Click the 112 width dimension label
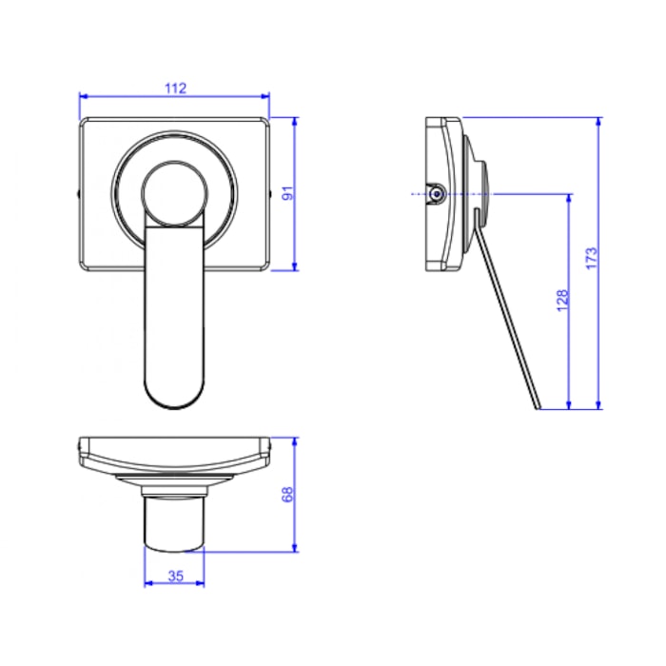tap(175, 88)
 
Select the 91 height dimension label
tap(288, 194)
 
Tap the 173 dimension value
tap(591, 258)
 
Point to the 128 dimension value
tap(562, 301)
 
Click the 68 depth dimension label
tap(288, 495)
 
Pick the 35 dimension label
tap(175, 577)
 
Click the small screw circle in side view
tap(437, 194)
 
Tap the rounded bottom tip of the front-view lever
tap(174, 408)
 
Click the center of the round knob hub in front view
tap(174, 193)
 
